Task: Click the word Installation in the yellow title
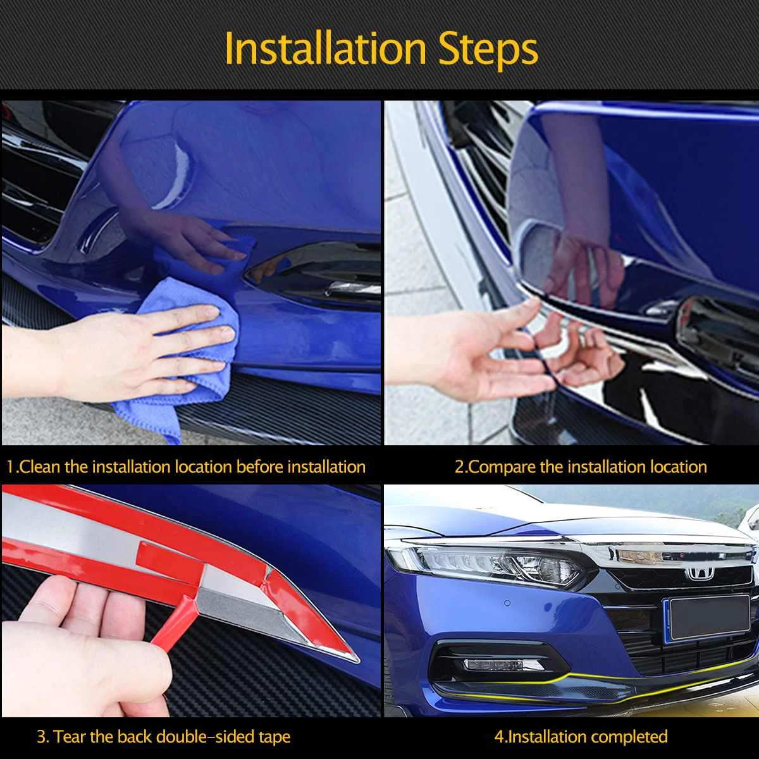(x=326, y=49)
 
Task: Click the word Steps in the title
(x=488, y=51)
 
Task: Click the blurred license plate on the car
(x=710, y=617)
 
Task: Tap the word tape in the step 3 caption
(x=274, y=738)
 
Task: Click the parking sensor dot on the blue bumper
(x=507, y=603)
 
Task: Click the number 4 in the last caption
(x=500, y=737)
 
